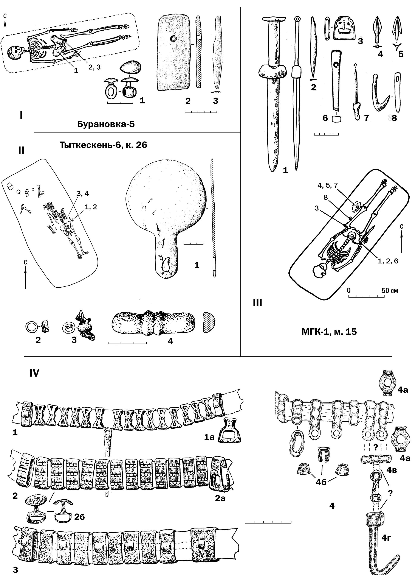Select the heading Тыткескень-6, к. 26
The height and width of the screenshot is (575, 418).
[x=103, y=145]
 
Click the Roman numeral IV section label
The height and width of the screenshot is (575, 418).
[x=34, y=373]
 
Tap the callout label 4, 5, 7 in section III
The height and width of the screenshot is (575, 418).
[x=328, y=185]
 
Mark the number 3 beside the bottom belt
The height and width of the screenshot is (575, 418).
[x=15, y=570]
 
